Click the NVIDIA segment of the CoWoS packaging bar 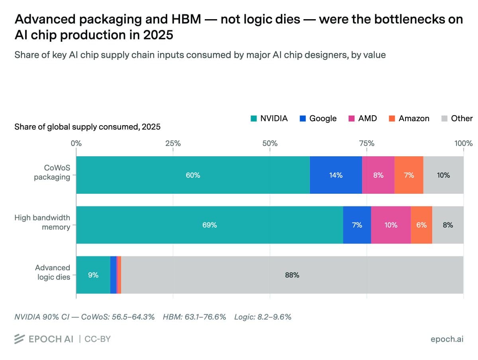(193, 175)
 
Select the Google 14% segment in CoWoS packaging (336, 175)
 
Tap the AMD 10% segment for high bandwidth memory (391, 225)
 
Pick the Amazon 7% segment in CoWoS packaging (409, 175)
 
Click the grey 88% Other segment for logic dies (292, 275)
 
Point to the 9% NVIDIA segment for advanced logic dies (93, 275)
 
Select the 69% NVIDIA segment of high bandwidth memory (210, 225)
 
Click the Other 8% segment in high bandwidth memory (448, 225)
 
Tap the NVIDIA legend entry (269, 118)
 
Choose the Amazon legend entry (409, 118)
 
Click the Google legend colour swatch (303, 118)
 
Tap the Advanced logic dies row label (53, 272)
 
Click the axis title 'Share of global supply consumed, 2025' (87, 127)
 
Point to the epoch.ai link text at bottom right (447, 339)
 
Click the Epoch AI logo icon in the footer (20, 339)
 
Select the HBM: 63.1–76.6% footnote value (194, 317)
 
